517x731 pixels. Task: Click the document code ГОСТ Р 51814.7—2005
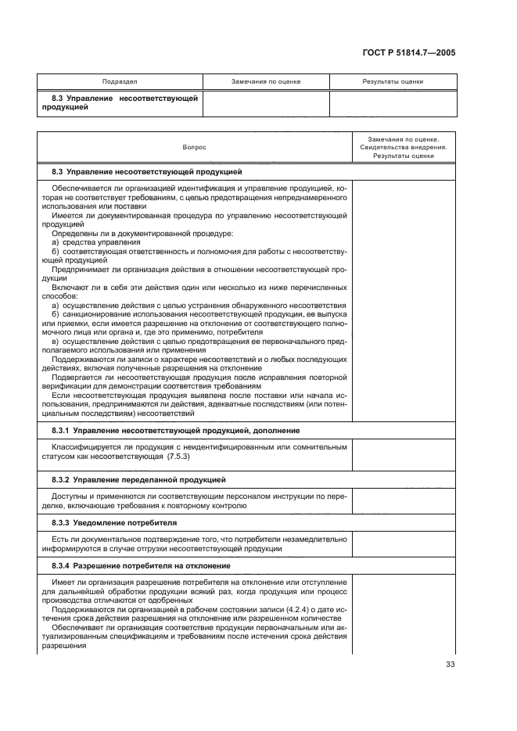tap(410, 53)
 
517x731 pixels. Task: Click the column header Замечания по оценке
tap(266, 81)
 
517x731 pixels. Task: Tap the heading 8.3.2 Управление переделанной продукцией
tap(139, 478)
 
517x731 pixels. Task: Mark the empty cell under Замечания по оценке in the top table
tap(266, 103)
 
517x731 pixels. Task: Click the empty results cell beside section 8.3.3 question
tap(404, 543)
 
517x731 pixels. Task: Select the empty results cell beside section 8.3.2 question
tap(404, 500)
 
